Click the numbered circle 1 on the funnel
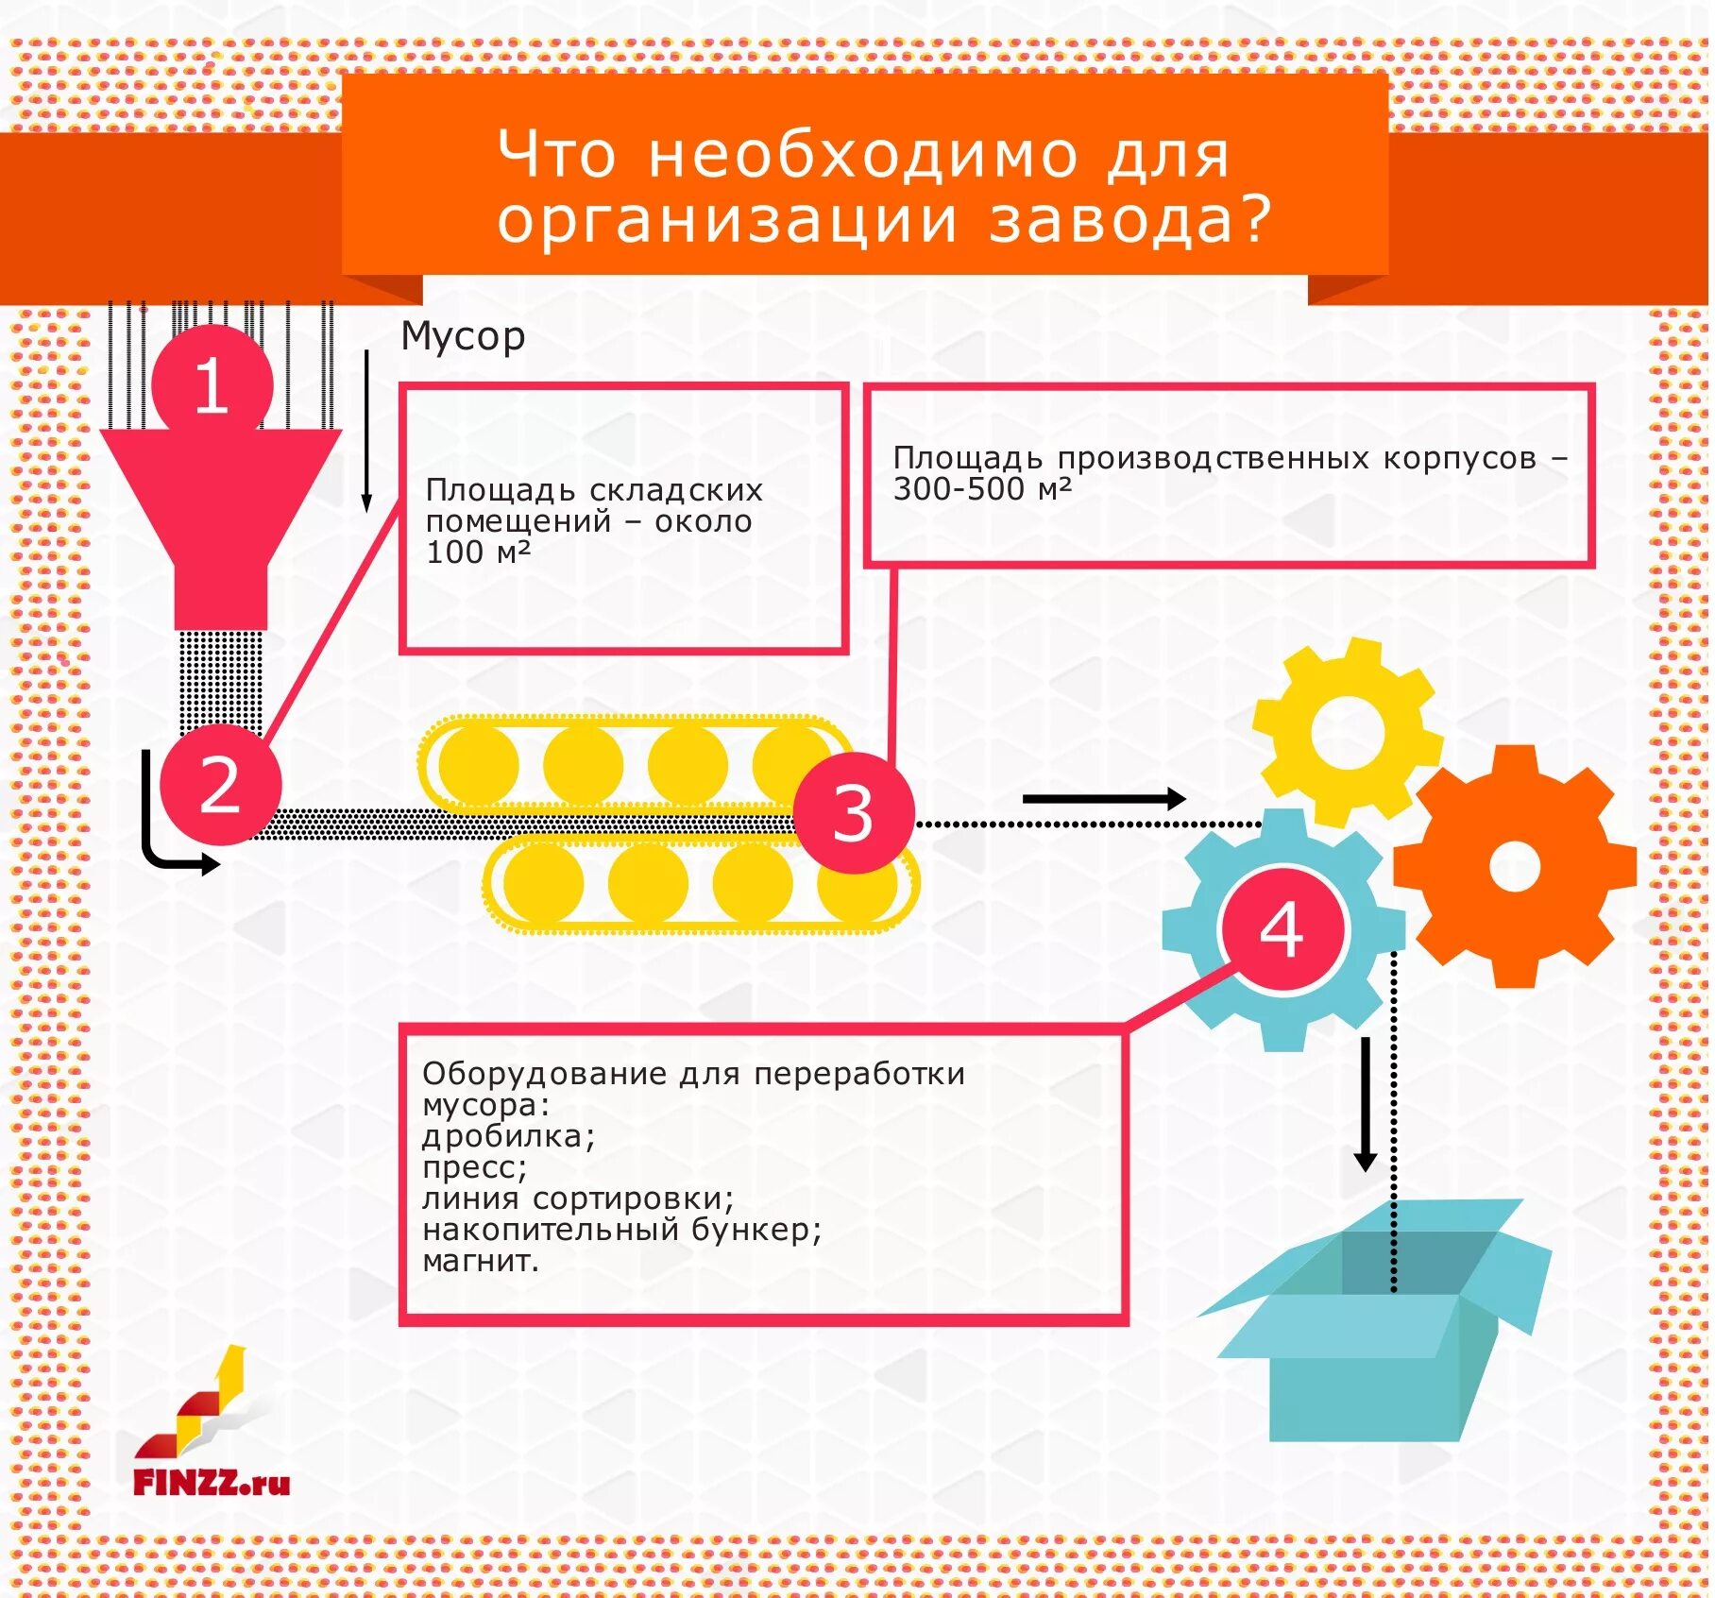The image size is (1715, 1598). pos(212,385)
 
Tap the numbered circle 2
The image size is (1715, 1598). pos(221,785)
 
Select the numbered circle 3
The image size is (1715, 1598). pos(854,812)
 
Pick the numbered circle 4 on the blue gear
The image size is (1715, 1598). pos(1282,929)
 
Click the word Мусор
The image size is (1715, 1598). pos(463,336)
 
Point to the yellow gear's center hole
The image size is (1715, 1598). pos(1348,733)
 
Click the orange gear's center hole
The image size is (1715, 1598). pos(1515,866)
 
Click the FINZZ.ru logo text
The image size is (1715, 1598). pos(212,1483)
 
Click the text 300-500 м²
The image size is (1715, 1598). pos(982,489)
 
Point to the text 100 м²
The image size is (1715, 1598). pos(478,552)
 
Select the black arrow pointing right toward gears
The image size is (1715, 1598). pos(1103,799)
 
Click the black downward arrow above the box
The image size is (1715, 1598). pos(1365,1104)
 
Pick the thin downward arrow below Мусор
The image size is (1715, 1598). pos(367,431)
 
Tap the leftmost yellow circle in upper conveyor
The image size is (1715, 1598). pos(479,763)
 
